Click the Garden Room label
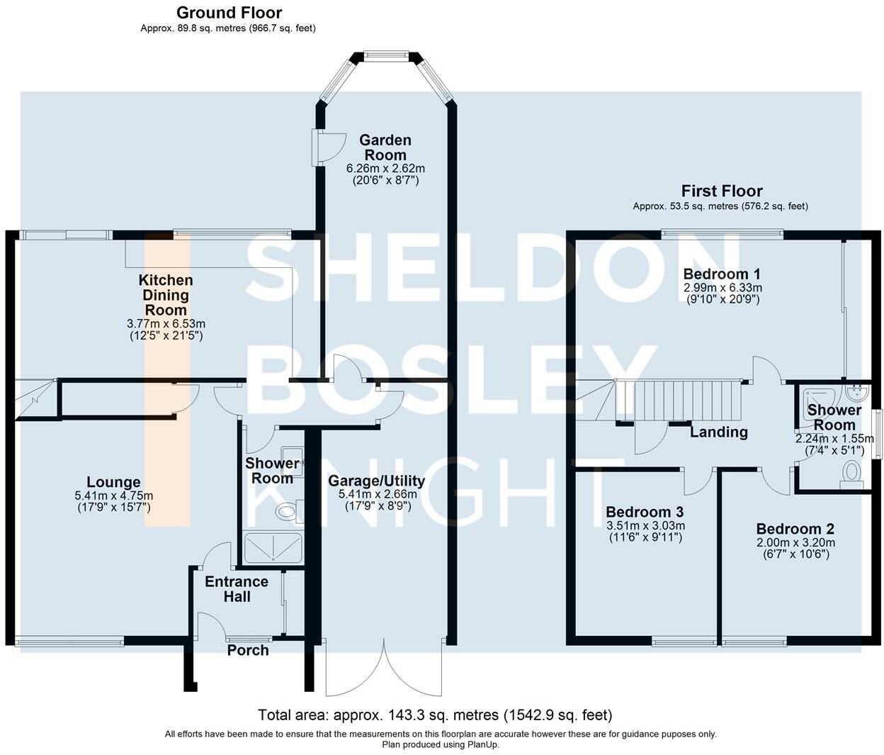point(385,147)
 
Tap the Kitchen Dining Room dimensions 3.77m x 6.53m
point(166,323)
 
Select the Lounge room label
point(113,482)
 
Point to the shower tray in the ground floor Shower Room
point(273,547)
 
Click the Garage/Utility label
point(376,481)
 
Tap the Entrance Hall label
point(237,589)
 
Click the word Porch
point(248,650)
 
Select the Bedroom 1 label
point(722,274)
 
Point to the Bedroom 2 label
point(795,529)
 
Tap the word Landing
point(720,432)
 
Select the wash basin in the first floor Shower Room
point(856,393)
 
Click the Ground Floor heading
point(229,13)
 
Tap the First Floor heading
point(722,191)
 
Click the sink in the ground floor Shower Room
point(293,462)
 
